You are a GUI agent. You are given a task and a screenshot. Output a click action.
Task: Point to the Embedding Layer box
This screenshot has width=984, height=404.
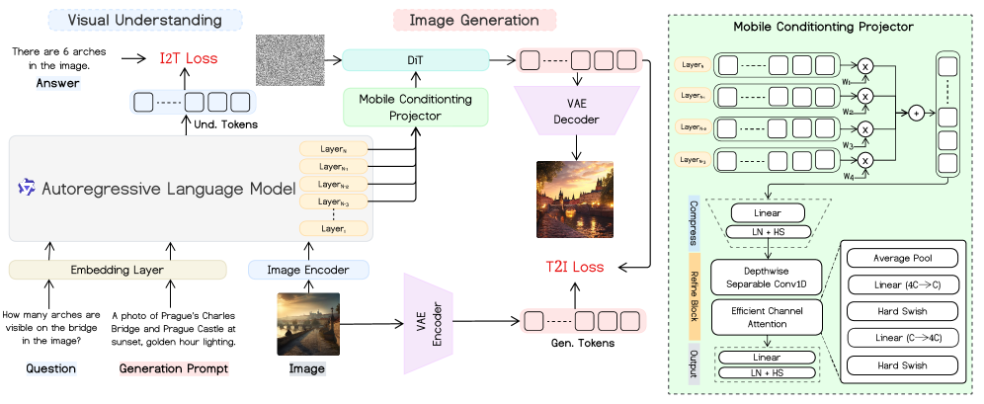tap(118, 270)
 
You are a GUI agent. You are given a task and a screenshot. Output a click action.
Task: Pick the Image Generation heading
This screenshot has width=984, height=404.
tap(475, 20)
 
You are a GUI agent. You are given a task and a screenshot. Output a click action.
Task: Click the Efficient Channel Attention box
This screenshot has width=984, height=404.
tap(767, 316)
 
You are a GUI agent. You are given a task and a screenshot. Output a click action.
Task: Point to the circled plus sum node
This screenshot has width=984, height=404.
tap(916, 114)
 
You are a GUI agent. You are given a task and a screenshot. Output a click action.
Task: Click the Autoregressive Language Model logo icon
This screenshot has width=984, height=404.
tap(28, 187)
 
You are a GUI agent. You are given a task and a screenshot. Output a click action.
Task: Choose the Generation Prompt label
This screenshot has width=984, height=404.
tap(174, 368)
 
